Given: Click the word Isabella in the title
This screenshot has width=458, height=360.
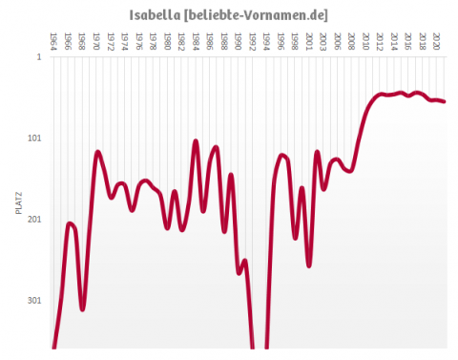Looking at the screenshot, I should [154, 14].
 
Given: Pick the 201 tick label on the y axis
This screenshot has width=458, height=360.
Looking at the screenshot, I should [34, 220].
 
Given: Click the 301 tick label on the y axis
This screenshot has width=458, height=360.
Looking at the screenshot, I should [34, 301].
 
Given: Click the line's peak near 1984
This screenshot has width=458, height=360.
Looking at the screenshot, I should [196, 141].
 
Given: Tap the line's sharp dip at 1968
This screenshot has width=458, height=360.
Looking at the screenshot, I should [83, 309].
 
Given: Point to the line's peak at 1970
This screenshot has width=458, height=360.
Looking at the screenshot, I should [97, 152].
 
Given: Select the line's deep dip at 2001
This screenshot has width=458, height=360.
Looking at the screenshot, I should [309, 265].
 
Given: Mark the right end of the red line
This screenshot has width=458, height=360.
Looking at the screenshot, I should [445, 101].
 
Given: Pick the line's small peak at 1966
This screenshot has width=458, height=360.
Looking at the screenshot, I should [70, 223].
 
